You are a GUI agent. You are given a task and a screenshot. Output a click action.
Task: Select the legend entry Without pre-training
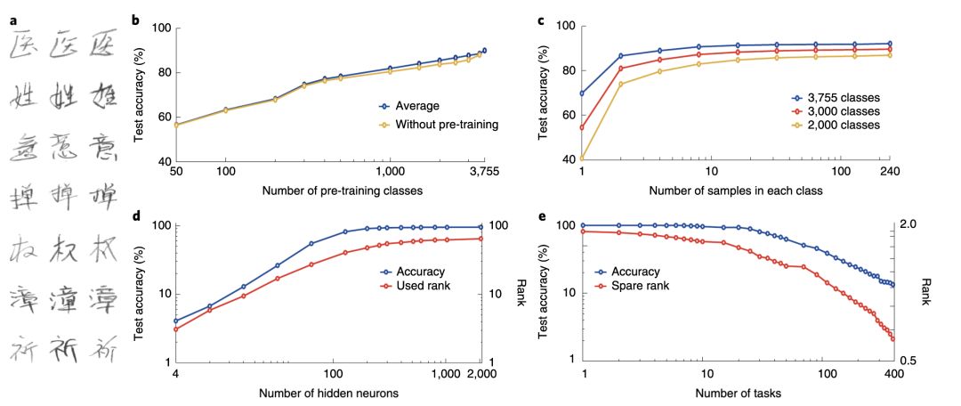(441, 125)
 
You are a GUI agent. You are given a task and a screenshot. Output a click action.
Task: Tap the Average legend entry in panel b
(416, 105)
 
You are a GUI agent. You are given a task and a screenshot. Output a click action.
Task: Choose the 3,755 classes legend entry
(842, 97)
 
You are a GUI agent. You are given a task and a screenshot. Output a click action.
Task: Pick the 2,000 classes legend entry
(842, 126)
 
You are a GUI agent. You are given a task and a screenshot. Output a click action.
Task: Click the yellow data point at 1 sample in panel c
(583, 158)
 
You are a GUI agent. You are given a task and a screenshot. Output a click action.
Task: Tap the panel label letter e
(539, 216)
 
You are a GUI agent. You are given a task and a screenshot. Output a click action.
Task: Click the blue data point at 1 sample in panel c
(583, 93)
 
